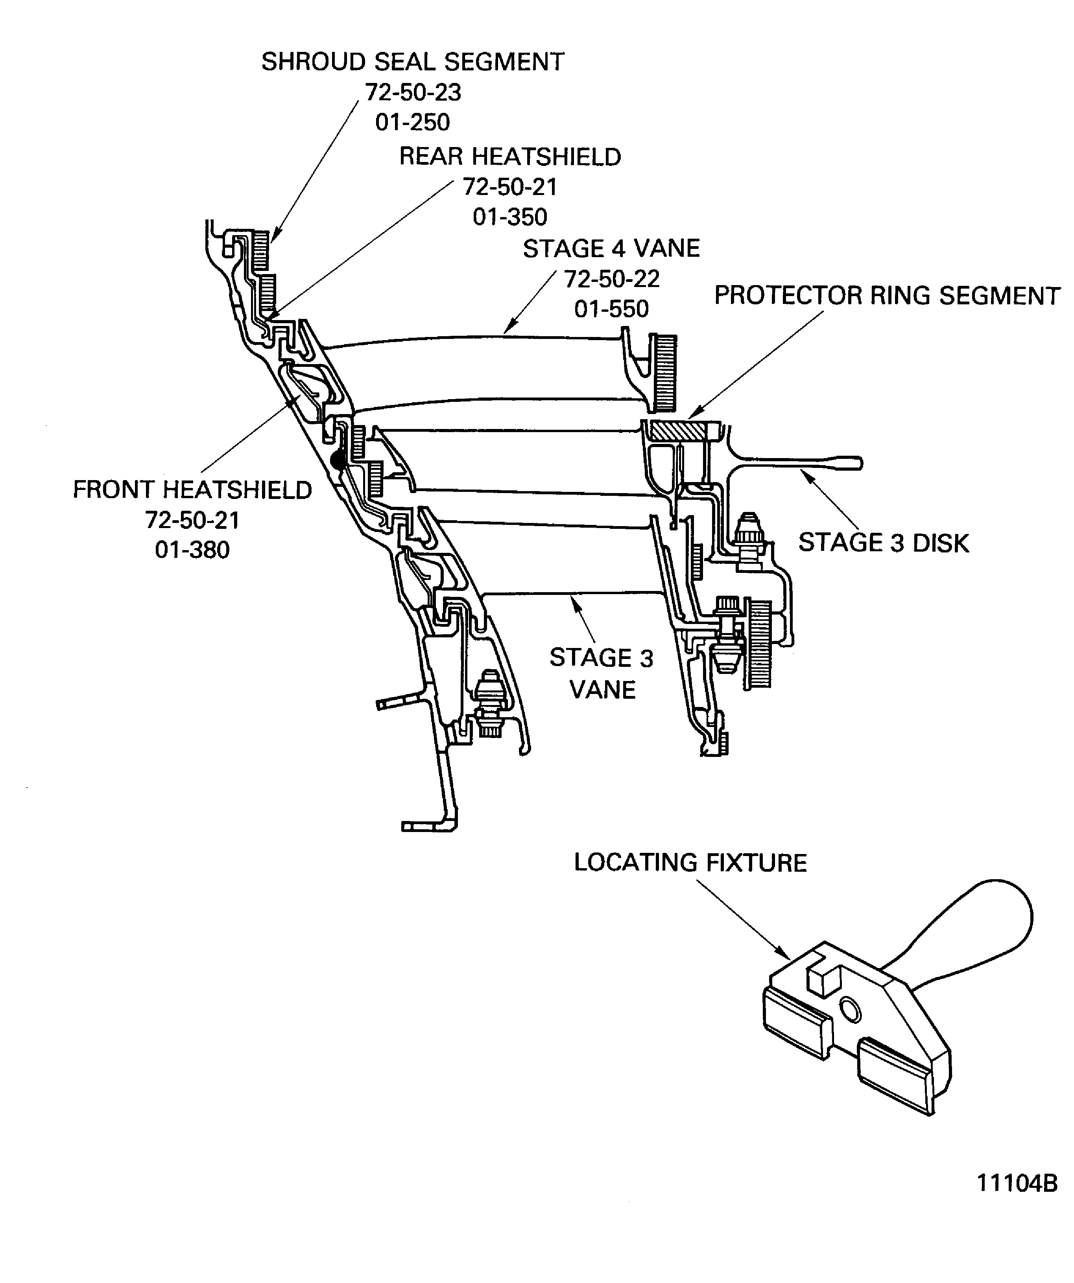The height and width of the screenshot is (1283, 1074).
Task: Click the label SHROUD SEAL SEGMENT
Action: click(413, 62)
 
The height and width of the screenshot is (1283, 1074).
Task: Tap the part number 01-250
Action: click(413, 122)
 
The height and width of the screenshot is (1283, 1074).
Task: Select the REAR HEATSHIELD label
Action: click(510, 156)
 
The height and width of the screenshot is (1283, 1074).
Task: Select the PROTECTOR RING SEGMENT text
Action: click(886, 296)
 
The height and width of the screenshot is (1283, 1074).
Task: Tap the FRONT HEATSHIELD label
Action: click(192, 490)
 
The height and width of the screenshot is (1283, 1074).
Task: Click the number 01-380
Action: click(192, 549)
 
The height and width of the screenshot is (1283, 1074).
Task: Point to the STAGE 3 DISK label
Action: click(883, 543)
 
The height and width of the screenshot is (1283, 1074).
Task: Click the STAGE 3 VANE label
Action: click(602, 673)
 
